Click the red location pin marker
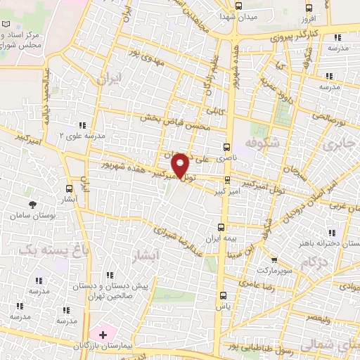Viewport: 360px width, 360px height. click(x=181, y=165)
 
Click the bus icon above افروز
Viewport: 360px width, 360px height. click(x=308, y=8)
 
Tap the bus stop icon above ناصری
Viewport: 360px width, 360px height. click(x=226, y=148)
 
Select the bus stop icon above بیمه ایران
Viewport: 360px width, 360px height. click(x=221, y=227)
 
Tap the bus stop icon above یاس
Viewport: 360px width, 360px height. click(x=224, y=295)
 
